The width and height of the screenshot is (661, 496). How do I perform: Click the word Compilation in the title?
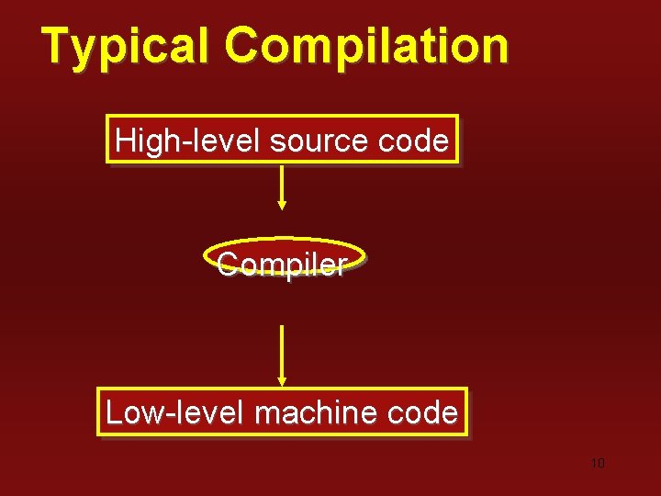(x=365, y=46)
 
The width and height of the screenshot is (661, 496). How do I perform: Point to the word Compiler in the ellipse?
(x=282, y=265)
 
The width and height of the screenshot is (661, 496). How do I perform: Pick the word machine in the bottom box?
(x=315, y=412)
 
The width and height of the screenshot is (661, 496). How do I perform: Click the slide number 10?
(x=598, y=463)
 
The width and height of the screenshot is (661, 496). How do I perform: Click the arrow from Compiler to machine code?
(x=282, y=354)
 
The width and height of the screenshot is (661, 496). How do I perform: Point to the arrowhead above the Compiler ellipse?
(x=282, y=206)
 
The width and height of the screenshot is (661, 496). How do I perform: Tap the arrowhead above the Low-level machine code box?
(x=282, y=380)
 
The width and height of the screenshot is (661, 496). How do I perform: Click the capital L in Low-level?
(x=114, y=412)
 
